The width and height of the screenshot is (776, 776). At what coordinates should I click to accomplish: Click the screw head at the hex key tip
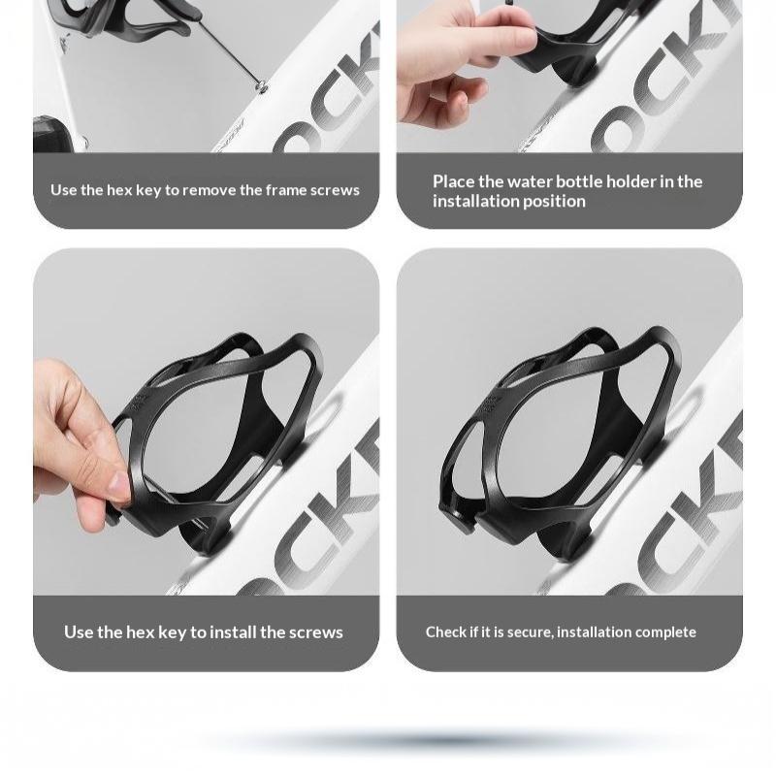click(261, 87)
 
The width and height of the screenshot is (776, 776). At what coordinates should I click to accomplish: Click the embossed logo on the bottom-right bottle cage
click(490, 404)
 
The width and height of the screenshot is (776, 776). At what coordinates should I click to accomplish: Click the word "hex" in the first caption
click(119, 190)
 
